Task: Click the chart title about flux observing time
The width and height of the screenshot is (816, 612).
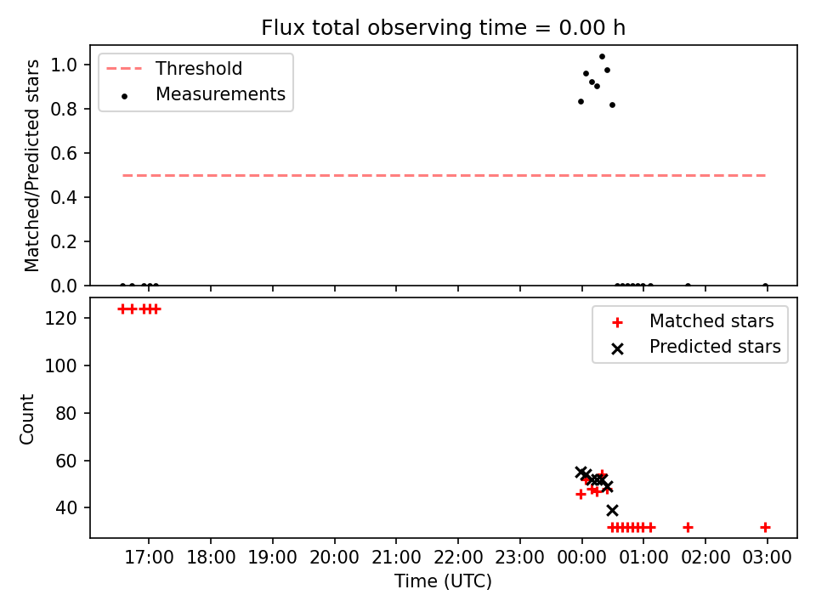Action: (443, 27)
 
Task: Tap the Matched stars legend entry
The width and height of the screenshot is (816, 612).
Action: (692, 321)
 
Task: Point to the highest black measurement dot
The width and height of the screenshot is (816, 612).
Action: (602, 57)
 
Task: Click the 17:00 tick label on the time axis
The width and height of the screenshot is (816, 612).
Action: (150, 558)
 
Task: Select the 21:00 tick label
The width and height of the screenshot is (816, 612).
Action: (396, 558)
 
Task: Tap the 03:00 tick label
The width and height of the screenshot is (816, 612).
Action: (767, 558)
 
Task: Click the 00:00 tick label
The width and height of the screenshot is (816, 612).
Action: (581, 558)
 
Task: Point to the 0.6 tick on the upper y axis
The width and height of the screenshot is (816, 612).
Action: (64, 154)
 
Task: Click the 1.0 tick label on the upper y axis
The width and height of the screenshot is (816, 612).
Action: (64, 65)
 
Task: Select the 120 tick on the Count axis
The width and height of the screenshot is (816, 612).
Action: (60, 318)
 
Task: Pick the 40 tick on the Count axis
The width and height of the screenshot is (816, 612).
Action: (66, 507)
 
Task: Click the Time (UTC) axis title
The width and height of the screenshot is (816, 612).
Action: (443, 581)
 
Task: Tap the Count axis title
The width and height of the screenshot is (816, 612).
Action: (26, 419)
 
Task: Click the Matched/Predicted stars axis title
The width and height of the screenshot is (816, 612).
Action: (31, 166)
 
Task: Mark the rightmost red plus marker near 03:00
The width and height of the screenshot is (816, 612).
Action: (766, 528)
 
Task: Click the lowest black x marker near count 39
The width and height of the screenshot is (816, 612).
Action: (613, 510)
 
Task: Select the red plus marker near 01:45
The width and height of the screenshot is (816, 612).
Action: (688, 528)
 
